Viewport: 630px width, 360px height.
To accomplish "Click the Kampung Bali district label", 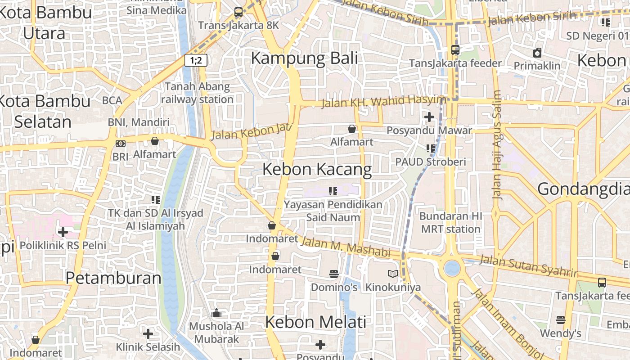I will coord(304,58).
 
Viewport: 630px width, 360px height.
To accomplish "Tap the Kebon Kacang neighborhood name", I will coord(317,169).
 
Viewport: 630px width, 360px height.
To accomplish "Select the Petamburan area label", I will coord(113,278).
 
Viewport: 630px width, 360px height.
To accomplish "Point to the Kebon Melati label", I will coord(315,322).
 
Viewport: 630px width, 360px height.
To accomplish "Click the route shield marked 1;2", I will coord(196,60).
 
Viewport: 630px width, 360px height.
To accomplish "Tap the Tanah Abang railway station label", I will coord(197,93).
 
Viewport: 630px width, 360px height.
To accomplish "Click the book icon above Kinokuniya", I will coord(393,274).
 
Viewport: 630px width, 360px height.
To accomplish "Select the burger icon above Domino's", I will coord(334,274).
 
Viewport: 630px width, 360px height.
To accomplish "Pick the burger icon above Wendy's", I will coord(560,320).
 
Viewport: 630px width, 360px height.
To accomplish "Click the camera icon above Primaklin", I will coord(537,53).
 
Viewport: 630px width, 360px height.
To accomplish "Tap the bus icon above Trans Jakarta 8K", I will coord(238,13).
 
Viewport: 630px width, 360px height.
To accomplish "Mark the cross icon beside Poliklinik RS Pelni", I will coord(63,232).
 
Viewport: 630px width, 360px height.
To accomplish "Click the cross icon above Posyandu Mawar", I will coord(429,117).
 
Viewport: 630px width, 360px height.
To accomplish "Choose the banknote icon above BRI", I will coord(121,144).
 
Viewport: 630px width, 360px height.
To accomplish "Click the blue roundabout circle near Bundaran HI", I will coord(452,269).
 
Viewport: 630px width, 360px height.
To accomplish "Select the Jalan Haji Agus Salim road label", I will coord(497,145).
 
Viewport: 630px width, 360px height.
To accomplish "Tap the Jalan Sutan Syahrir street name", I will coord(527,266).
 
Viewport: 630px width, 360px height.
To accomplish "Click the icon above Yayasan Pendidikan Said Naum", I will coord(333,191).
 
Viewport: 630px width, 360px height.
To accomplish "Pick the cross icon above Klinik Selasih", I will coord(148,334).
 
